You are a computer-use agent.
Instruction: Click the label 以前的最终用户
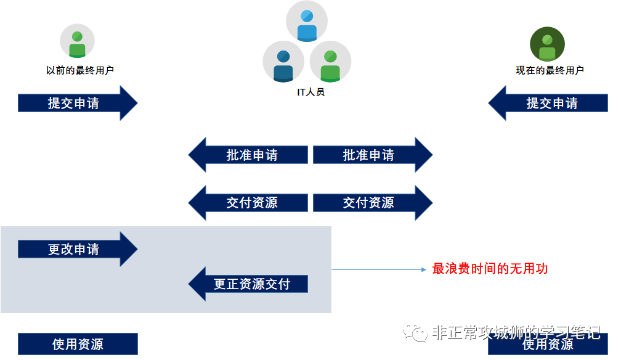click(x=80, y=71)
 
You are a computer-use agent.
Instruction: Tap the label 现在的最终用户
click(x=550, y=71)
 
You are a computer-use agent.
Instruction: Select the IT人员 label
click(x=310, y=93)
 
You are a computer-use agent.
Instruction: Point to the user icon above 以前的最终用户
click(x=77, y=41)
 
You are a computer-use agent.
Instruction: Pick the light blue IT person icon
click(x=307, y=23)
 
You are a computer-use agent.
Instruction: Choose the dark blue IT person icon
click(x=283, y=62)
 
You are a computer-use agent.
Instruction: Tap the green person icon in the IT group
click(x=331, y=62)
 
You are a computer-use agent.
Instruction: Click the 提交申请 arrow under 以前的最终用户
click(x=77, y=103)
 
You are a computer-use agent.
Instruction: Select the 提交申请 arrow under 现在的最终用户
click(x=548, y=103)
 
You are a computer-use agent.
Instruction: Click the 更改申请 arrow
click(x=77, y=249)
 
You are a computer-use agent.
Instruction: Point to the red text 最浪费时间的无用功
click(x=490, y=269)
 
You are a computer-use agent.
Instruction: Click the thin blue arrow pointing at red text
click(x=379, y=269)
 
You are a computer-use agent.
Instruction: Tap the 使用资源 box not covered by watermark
click(x=78, y=344)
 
